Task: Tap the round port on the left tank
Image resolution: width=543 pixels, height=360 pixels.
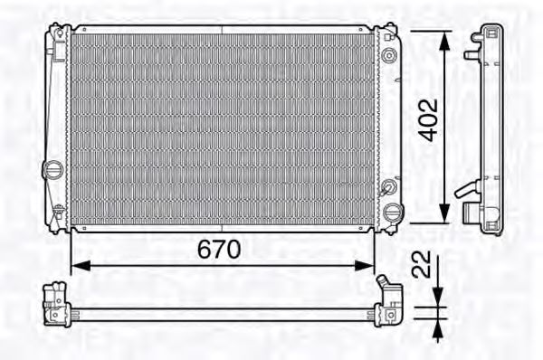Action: coord(53,168)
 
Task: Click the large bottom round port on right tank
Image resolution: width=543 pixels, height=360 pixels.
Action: coord(393,213)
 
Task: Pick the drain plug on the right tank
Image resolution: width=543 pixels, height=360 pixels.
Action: coord(389,188)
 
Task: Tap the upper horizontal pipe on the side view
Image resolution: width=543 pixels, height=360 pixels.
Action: coord(471,54)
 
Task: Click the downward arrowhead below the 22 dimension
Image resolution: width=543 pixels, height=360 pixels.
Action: coord(437,298)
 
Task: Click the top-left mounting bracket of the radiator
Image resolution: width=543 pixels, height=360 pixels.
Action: coord(60,36)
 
